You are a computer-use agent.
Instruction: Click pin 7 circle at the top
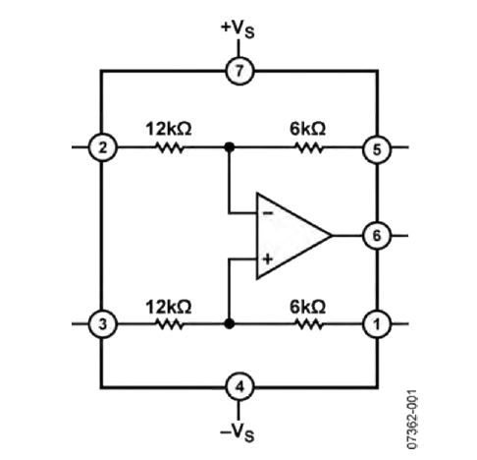click(x=238, y=71)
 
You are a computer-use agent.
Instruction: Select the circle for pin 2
click(x=102, y=148)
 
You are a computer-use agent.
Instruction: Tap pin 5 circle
click(x=376, y=148)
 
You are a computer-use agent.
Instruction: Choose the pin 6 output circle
click(x=376, y=236)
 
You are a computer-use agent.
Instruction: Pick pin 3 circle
click(x=102, y=322)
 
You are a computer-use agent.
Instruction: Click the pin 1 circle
click(x=376, y=322)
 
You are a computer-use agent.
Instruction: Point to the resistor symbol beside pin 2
click(x=170, y=148)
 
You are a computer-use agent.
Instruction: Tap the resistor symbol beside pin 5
click(x=309, y=148)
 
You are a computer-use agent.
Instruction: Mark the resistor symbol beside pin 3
click(x=170, y=322)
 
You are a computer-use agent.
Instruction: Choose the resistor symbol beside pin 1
click(x=309, y=322)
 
